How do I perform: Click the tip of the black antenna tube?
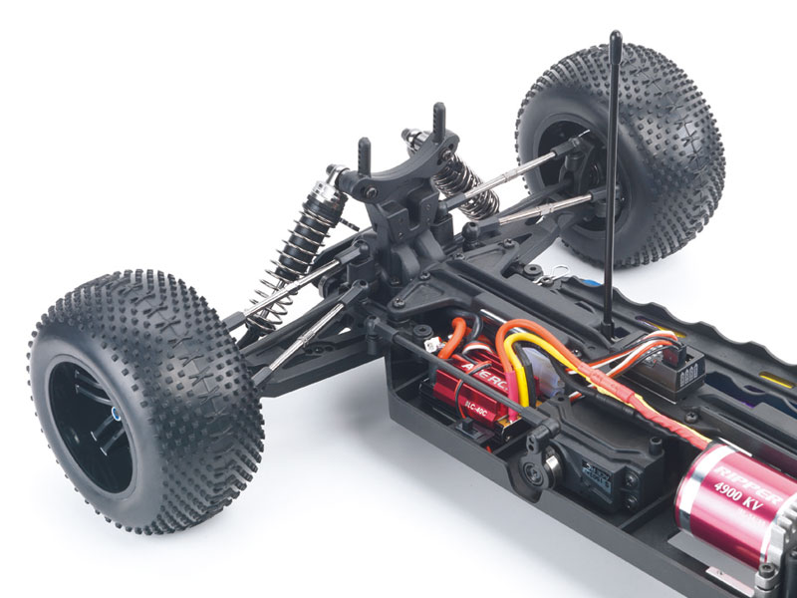point(615,39)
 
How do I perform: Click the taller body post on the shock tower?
point(436,119)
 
